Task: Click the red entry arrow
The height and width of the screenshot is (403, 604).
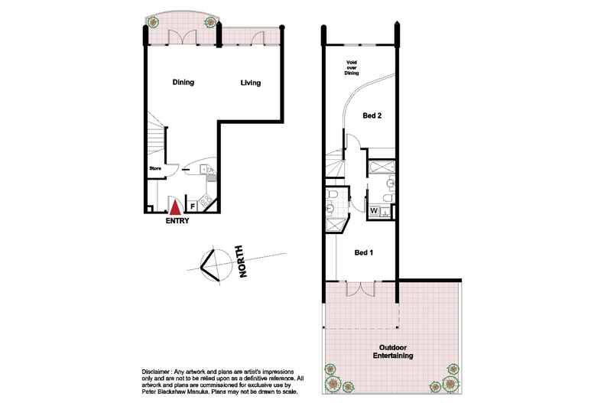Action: point(176,206)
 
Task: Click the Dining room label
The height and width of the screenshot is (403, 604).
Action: point(183,83)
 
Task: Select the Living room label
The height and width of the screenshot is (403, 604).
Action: point(252,83)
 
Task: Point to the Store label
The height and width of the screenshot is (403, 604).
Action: point(154,168)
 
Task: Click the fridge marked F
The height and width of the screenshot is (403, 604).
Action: point(193,205)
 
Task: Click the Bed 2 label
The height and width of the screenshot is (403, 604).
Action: point(372,115)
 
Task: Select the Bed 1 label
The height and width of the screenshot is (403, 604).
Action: point(363,252)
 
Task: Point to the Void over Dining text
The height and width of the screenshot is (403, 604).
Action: point(352,69)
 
